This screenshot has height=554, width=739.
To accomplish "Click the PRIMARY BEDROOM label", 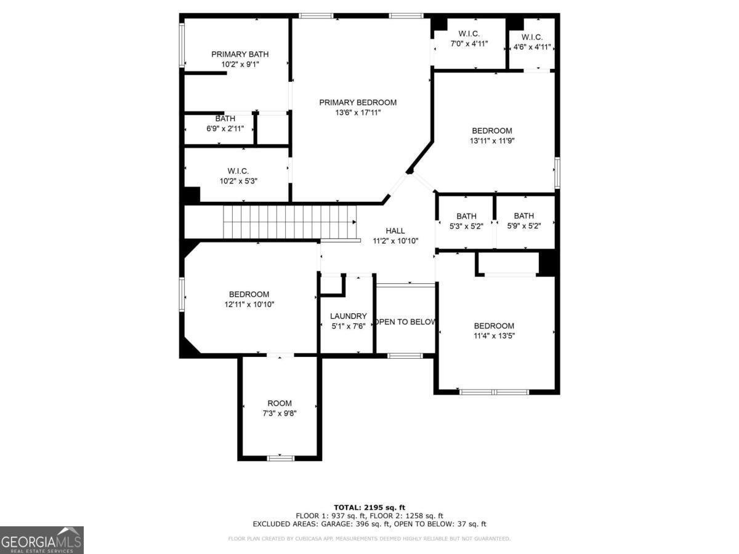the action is pyautogui.click(x=358, y=102).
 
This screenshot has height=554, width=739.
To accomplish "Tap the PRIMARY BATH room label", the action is pyautogui.click(x=240, y=54).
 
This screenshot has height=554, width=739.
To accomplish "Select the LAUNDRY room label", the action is pyautogui.click(x=348, y=316).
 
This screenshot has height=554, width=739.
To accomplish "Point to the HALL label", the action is pyautogui.click(x=395, y=231).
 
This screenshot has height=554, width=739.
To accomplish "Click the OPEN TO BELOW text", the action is pyautogui.click(x=405, y=322).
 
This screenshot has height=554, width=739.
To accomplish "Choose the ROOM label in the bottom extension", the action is pyautogui.click(x=280, y=403).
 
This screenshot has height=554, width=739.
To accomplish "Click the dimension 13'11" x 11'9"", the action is pyautogui.click(x=492, y=141).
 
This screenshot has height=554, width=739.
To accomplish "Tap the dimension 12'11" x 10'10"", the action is pyautogui.click(x=249, y=305).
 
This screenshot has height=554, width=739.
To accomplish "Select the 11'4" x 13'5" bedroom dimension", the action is pyautogui.click(x=494, y=336).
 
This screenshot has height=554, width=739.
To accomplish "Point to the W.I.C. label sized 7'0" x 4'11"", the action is pyautogui.click(x=469, y=34).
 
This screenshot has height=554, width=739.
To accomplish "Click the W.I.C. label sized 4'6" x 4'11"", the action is pyautogui.click(x=532, y=38).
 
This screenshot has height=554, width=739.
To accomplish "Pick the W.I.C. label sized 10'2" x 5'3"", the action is pyautogui.click(x=238, y=171).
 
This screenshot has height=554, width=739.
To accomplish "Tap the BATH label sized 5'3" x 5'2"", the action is pyautogui.click(x=466, y=216).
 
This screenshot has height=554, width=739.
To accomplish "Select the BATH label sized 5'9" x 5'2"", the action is pyautogui.click(x=524, y=216).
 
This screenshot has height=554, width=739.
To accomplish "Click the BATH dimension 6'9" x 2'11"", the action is pyautogui.click(x=225, y=129).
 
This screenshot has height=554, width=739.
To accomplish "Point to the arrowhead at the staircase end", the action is pyautogui.click(x=354, y=222).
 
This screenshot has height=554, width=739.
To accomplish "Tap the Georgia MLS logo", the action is pyautogui.click(x=42, y=540).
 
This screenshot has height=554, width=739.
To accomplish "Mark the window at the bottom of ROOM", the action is pyautogui.click(x=280, y=458).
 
